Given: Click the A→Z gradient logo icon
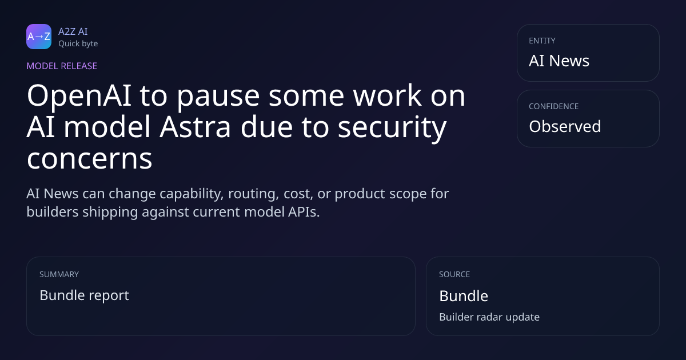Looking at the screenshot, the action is [39, 37].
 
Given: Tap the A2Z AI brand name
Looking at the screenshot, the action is [73, 31].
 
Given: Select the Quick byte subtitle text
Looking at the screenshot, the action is [78, 44].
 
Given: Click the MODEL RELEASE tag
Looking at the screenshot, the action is [62, 66].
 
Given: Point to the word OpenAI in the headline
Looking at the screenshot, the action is [79, 97].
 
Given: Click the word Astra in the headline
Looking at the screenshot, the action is [195, 127].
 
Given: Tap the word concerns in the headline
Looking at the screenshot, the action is [89, 159].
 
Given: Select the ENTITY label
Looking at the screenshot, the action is [542, 41].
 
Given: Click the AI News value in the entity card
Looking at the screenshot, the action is [559, 61].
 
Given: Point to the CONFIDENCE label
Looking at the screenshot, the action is [554, 106].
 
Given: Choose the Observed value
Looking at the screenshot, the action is [565, 126].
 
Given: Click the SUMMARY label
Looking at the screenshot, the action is [59, 274].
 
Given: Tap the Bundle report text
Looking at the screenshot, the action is [84, 296].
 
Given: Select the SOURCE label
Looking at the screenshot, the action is [454, 274].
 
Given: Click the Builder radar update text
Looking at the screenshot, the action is [489, 317].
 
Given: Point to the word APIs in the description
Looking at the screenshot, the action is [304, 212].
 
